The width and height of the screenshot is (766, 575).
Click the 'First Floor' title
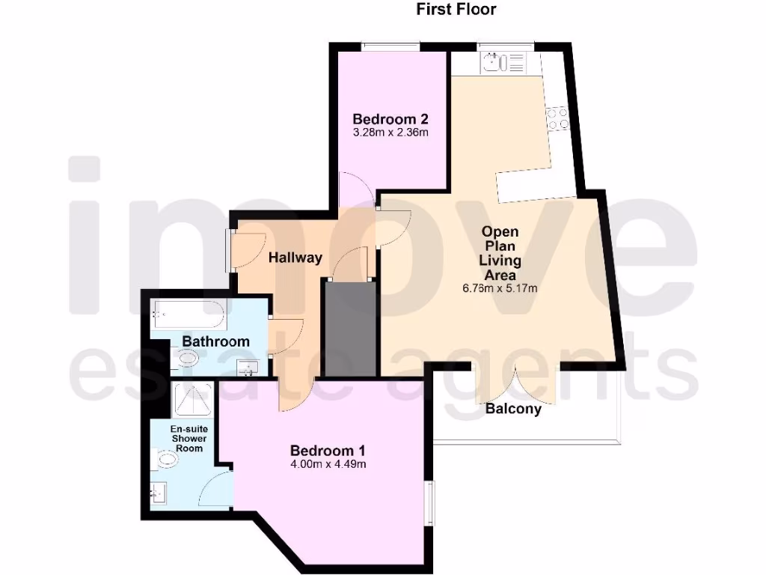(456, 10)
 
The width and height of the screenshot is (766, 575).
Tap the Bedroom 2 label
(390, 119)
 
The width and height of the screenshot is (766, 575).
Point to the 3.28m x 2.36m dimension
(390, 133)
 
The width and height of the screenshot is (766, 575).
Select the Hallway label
(295, 258)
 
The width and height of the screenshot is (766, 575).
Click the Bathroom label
(215, 341)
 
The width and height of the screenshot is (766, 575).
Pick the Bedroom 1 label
(328, 451)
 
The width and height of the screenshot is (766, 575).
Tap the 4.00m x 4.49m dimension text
(328, 464)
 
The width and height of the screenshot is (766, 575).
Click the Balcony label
(513, 410)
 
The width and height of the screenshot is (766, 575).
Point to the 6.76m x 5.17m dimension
(500, 288)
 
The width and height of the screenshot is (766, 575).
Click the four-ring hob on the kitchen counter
(557, 118)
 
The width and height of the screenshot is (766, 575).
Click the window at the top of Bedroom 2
(390, 47)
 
